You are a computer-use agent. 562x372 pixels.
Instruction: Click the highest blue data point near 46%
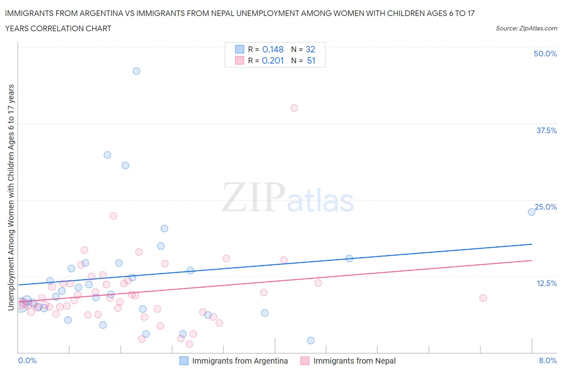tap(136, 71)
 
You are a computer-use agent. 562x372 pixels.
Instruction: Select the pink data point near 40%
tap(294, 108)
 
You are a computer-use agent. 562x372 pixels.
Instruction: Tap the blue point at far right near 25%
tap(532, 212)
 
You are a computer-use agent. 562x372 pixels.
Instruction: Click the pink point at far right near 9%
tap(483, 298)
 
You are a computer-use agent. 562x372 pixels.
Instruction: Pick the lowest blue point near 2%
tap(311, 340)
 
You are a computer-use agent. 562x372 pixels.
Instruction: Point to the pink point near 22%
tap(114, 216)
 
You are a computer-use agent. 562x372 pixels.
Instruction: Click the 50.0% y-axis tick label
tap(545, 54)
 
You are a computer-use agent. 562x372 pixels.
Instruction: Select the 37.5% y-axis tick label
tap(546, 130)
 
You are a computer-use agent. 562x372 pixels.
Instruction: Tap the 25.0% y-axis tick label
tap(546, 207)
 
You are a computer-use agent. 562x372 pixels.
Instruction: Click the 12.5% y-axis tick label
tap(546, 283)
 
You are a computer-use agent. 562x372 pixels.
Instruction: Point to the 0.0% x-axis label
tap(28, 360)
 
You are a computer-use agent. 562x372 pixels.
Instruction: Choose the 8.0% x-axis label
tap(548, 360)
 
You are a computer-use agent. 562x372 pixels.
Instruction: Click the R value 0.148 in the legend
tap(273, 49)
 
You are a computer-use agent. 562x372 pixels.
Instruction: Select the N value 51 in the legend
tap(311, 60)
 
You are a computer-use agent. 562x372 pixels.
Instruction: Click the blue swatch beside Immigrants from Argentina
tap(184, 361)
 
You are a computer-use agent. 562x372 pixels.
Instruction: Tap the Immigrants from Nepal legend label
tap(354, 361)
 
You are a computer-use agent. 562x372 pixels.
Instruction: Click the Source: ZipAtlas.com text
tap(526, 28)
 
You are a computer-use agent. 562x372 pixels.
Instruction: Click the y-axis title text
tap(11, 198)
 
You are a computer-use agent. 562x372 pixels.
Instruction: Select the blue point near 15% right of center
tap(349, 258)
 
